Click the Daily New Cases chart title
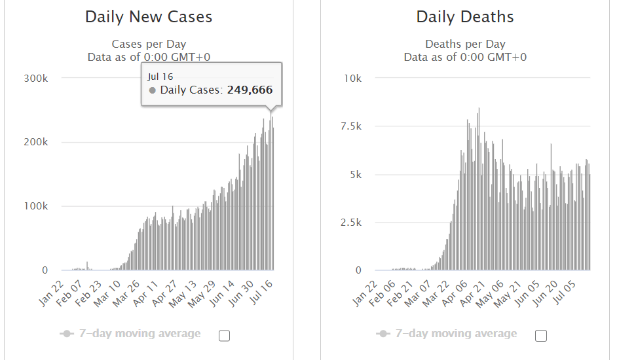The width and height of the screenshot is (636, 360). [x=149, y=17]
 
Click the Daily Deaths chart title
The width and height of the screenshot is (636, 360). [x=465, y=17]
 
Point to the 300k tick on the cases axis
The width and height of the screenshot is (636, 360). [x=36, y=78]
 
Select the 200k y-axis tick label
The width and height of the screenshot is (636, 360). [x=36, y=142]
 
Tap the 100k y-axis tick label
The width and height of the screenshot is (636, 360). [x=36, y=206]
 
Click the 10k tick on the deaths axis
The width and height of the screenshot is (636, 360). [x=353, y=78]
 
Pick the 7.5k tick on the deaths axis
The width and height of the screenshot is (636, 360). [x=350, y=126]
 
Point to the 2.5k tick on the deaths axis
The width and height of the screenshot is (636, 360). [x=350, y=223]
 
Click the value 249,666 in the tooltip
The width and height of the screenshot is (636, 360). [x=250, y=90]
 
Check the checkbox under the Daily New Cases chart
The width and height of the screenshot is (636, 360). [x=224, y=336]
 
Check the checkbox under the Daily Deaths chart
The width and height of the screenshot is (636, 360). [x=541, y=336]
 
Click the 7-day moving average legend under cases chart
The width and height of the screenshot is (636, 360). [x=140, y=334]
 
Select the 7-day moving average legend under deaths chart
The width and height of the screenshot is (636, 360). [x=456, y=334]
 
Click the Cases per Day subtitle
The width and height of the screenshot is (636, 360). [x=149, y=45]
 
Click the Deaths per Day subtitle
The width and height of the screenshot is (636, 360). [x=465, y=45]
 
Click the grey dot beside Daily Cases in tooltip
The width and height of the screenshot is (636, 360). [x=153, y=90]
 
